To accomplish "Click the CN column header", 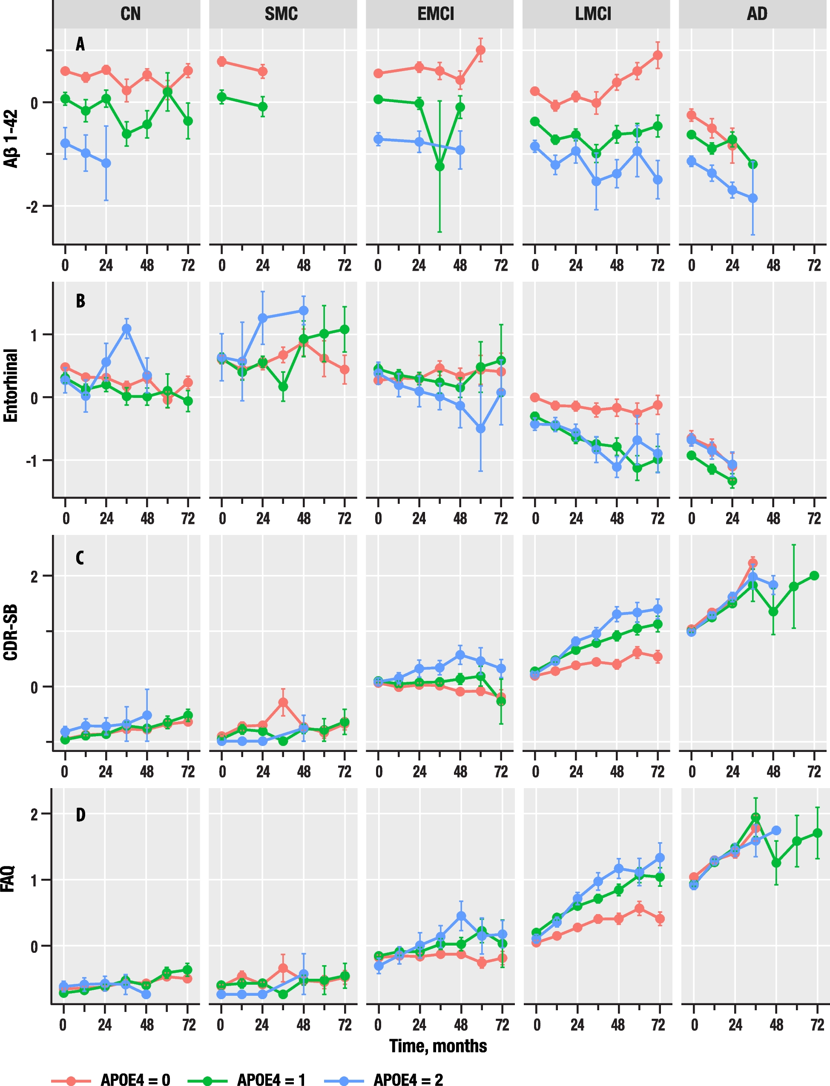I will [x=130, y=14].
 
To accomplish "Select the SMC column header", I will [x=281, y=14].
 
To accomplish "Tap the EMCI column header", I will [x=436, y=14].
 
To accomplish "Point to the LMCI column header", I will [x=593, y=14].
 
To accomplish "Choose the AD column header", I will [x=757, y=14].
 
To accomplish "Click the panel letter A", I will [x=80, y=44].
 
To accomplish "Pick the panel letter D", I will [x=80, y=815].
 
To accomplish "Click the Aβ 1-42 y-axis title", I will [x=11, y=139].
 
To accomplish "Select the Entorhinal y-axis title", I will [x=11, y=386].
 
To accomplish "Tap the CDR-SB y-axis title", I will [x=11, y=632].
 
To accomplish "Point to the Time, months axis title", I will [x=438, y=1046].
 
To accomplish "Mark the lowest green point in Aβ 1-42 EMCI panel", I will [x=439, y=167].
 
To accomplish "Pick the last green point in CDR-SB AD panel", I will [x=814, y=576].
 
